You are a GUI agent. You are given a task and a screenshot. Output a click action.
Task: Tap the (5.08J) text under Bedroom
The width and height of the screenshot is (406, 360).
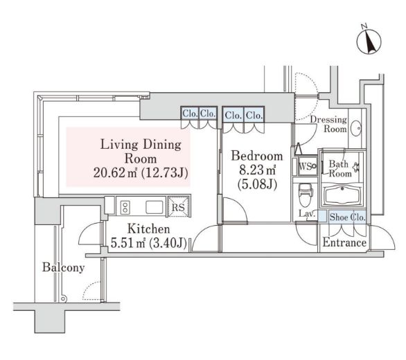pos(257,185)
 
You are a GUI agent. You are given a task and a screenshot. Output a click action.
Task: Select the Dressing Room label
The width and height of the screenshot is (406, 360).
pos(328,125)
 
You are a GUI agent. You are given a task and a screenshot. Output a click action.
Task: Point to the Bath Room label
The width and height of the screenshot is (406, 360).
pos(339,168)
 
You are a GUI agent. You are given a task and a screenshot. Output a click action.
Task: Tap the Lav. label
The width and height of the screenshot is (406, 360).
pos(307,215)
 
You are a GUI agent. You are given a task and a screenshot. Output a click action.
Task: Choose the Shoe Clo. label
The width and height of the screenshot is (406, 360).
pos(348,216)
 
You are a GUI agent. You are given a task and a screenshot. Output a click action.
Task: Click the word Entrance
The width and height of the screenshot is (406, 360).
pos(344,243)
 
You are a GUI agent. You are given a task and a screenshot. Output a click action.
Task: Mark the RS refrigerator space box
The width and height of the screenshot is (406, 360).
pos(178,206)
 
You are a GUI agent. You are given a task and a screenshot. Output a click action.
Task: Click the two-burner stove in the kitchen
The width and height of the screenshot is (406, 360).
pos(126,206)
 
